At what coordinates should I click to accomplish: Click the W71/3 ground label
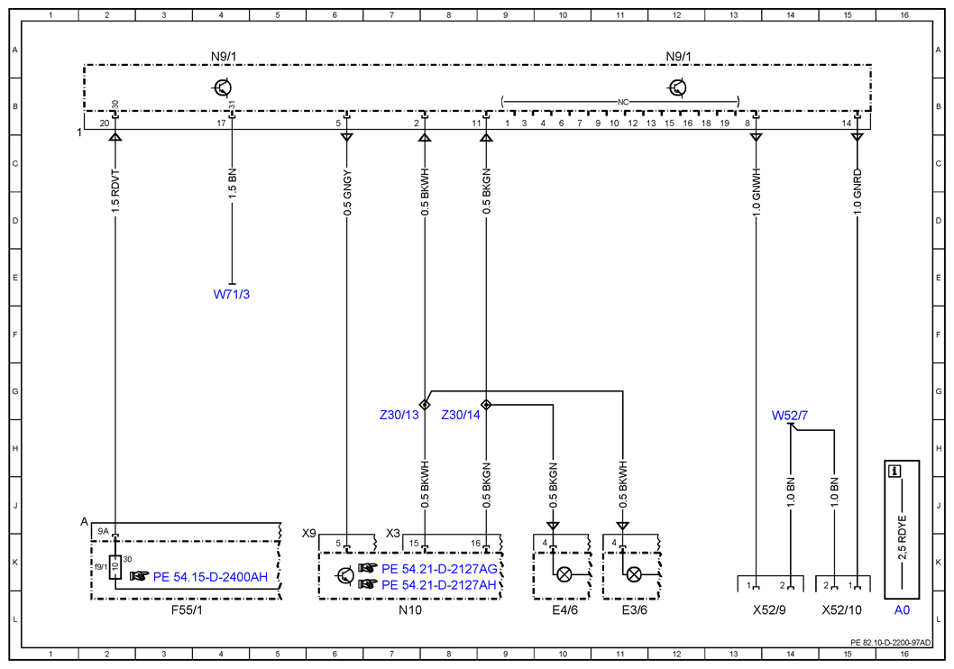tap(231, 294)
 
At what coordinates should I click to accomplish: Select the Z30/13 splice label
tap(399, 415)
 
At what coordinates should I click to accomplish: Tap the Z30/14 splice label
tap(461, 415)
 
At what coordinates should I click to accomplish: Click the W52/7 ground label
tap(790, 416)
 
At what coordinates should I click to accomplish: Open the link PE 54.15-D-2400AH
tap(210, 576)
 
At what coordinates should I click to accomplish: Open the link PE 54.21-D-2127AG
tap(439, 569)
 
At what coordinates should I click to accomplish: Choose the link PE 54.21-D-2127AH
tap(439, 585)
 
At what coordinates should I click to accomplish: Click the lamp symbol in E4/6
tap(564, 574)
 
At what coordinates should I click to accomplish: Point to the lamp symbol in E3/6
tap(633, 574)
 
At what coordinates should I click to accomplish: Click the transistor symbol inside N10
tap(345, 574)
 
